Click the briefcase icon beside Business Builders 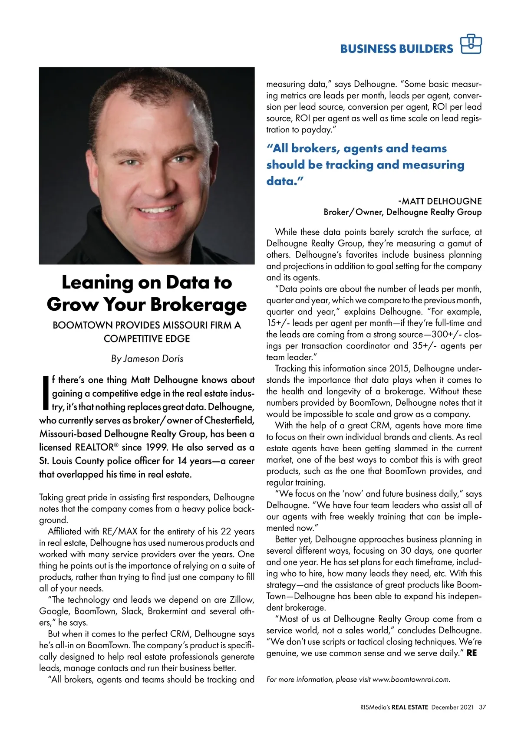click(x=471, y=44)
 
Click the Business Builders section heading click(x=396, y=49)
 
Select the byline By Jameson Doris click(x=147, y=359)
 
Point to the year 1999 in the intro click(x=156, y=447)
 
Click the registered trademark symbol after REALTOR click(x=116, y=445)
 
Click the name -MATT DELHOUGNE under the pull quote click(x=439, y=201)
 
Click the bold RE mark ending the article click(x=472, y=653)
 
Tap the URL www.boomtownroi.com click(x=411, y=680)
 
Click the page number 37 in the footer click(x=482, y=707)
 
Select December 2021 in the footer click(x=452, y=707)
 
